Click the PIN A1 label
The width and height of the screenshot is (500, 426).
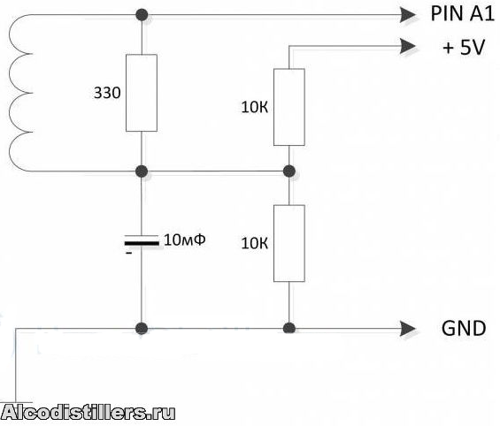point(462,13)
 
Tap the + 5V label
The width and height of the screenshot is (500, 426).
point(464,47)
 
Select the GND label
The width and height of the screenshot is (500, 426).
point(464,328)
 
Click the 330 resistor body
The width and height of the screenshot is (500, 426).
point(142,93)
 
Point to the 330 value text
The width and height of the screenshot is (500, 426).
point(107,93)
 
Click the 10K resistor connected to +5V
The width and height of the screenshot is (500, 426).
point(288,107)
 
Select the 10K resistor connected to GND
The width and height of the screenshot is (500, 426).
point(288,243)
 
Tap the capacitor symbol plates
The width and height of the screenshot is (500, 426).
point(142,240)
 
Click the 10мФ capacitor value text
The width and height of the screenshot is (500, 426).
point(185,240)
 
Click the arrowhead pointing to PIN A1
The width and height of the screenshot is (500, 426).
point(408,15)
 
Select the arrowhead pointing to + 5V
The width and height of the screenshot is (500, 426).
point(408,47)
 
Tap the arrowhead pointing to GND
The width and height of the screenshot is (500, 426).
point(408,329)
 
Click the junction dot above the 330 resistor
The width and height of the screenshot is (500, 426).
point(142,15)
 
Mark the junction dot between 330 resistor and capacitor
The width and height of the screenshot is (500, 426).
point(142,171)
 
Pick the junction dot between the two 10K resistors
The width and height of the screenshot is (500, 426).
point(288,171)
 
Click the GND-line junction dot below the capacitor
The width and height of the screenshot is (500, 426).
point(142,328)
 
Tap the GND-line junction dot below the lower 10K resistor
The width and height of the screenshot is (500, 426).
point(288,328)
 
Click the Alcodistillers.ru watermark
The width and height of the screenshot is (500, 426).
point(88,413)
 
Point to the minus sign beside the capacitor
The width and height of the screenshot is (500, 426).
point(128,253)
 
